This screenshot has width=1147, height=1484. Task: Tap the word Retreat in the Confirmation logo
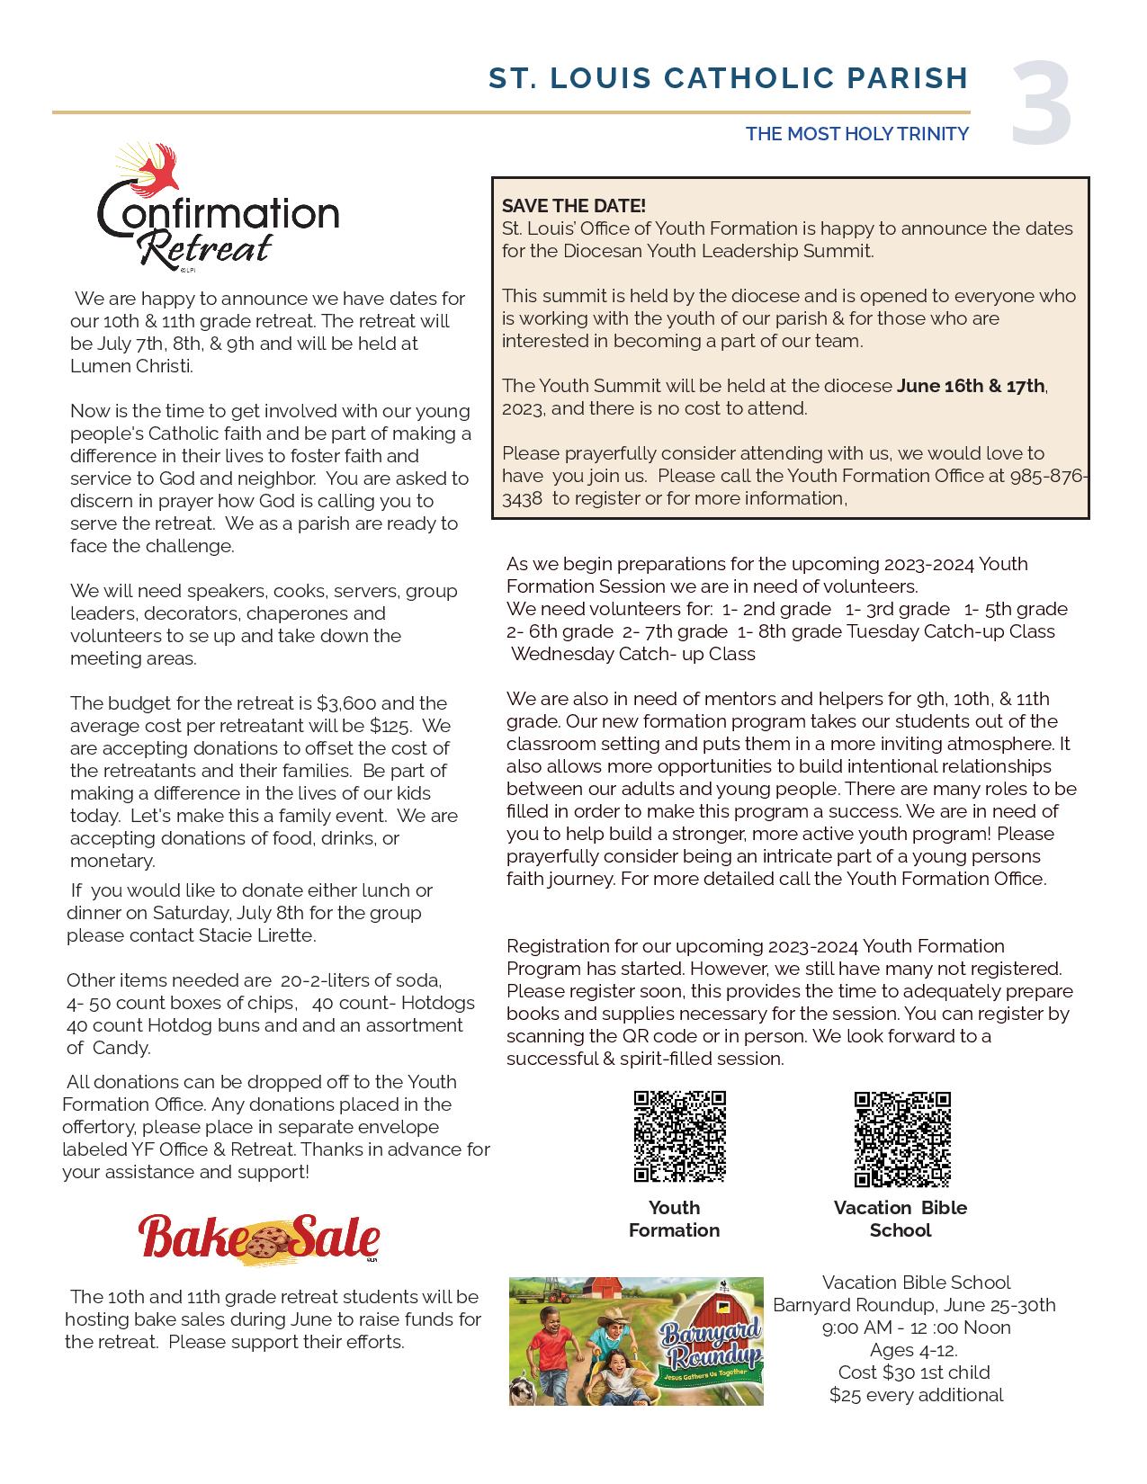click(206, 246)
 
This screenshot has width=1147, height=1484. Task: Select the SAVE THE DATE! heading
click(574, 206)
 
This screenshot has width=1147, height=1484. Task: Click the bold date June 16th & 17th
click(971, 386)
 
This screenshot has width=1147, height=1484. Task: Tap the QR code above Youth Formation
click(679, 1137)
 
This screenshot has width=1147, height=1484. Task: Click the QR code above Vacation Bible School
click(901, 1140)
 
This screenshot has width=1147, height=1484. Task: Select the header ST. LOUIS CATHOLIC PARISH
click(728, 79)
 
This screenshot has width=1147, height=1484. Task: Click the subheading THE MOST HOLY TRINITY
click(856, 134)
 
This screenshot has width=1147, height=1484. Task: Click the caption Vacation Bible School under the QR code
click(901, 1219)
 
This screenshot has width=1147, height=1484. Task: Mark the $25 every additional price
click(916, 1395)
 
